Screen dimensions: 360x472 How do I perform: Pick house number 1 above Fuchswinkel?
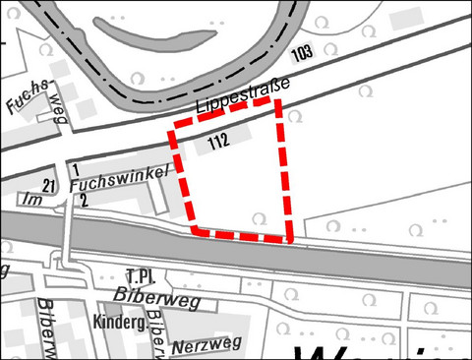pos(75,171)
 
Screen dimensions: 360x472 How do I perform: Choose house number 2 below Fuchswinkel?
pos(84,201)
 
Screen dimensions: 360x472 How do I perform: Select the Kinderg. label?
pos(120,322)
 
